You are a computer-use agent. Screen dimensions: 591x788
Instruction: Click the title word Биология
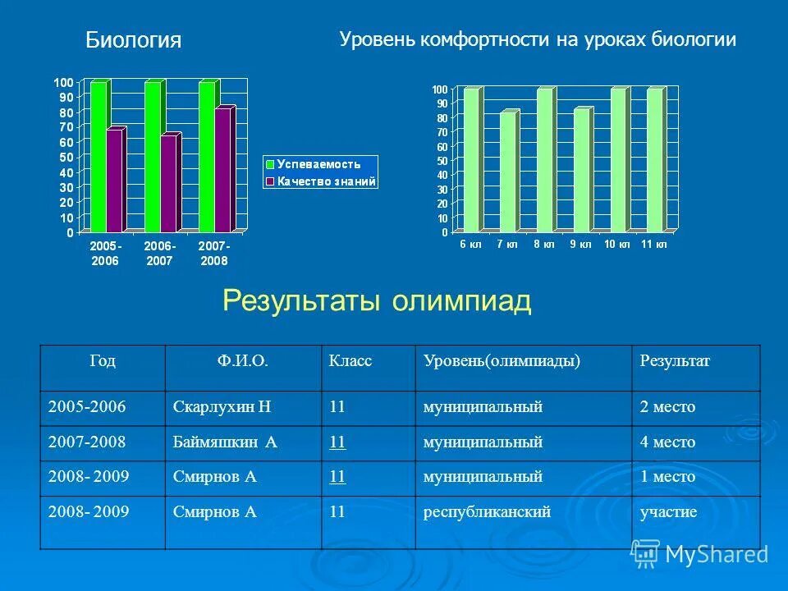click(133, 40)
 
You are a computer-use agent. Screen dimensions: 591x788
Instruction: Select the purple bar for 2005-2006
click(114, 181)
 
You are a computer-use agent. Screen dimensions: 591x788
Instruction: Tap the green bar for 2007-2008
click(206, 156)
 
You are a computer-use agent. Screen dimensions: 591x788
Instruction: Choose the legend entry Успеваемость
click(318, 164)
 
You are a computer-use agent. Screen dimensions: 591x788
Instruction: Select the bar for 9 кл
click(581, 170)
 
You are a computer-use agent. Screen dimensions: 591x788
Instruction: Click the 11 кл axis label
click(654, 245)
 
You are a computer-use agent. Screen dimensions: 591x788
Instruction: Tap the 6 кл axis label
click(470, 245)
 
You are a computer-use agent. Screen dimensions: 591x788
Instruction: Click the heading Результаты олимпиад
click(377, 301)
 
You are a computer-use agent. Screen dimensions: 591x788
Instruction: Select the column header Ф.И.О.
click(243, 361)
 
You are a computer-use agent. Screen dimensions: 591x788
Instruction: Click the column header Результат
click(675, 361)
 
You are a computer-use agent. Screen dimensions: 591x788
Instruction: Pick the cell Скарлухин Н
click(222, 407)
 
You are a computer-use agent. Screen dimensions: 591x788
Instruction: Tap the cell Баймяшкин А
click(226, 442)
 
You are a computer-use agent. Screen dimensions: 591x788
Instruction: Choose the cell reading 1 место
click(667, 477)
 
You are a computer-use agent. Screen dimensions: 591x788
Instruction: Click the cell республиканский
click(487, 512)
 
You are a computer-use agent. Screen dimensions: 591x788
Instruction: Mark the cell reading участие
click(668, 512)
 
